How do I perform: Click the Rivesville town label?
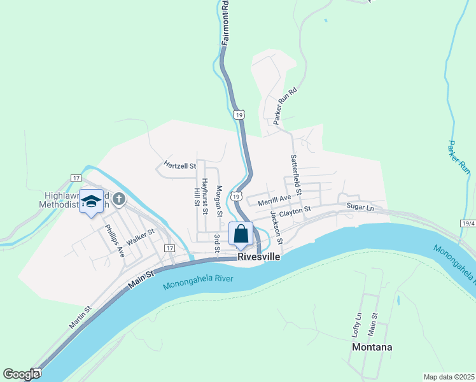point(259,257)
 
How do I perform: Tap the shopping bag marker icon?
point(241,234)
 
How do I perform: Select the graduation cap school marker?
point(92,202)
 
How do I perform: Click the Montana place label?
point(372,348)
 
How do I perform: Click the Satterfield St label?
point(295,174)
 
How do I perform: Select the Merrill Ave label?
point(274,201)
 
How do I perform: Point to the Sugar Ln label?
point(360,207)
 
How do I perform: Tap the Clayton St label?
point(295,210)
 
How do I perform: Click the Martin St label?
point(80,317)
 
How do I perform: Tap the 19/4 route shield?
point(468,223)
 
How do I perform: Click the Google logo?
point(21,374)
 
